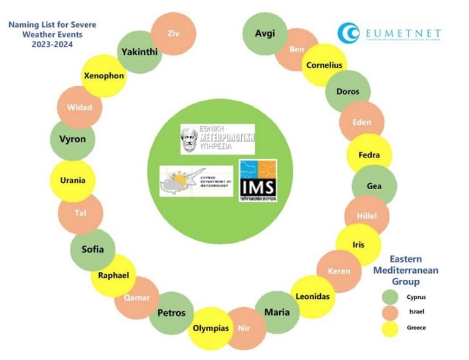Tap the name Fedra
pos(369,155)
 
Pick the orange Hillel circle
pos(366,216)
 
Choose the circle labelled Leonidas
pos(312,296)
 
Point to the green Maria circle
pos(277,312)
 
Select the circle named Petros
pos(171,313)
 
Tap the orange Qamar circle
pos(137,298)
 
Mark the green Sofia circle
pos(92,249)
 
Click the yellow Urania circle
pos(73,181)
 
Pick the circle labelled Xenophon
pos(104,76)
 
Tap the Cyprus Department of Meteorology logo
pos(196,181)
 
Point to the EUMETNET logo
pos(389,32)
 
